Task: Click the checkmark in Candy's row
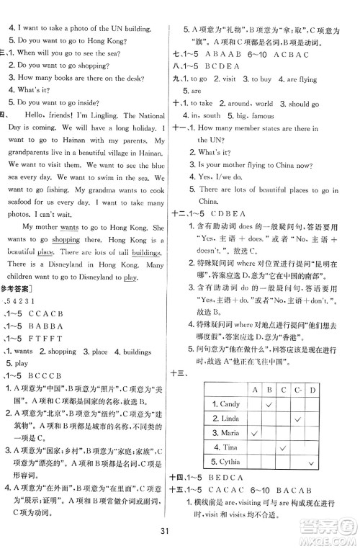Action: tap(269, 404)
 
